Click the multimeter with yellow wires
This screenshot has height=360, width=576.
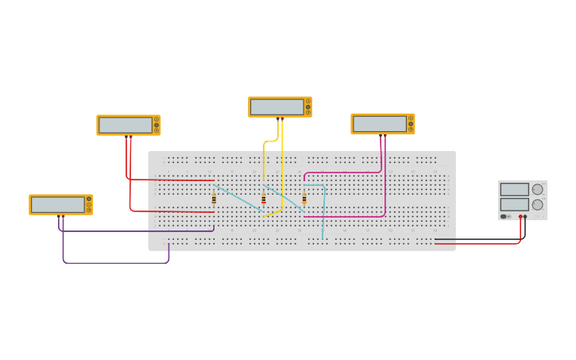coord(280,106)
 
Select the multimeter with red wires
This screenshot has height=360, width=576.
coord(128,125)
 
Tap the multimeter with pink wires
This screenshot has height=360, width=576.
coord(382,124)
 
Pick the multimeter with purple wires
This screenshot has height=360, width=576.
coord(60,204)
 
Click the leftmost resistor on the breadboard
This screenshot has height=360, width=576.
coord(214,198)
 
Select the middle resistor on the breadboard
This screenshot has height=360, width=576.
coord(264,198)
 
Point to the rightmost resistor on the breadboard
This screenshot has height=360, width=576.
coord(303,198)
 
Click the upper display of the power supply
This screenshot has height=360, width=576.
coord(514,189)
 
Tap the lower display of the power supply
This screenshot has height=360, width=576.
coord(514,204)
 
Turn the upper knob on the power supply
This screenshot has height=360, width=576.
coord(538,189)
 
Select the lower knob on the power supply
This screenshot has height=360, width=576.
coord(538,204)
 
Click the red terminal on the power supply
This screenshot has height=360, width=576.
coord(520,216)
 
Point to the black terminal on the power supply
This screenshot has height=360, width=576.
coord(525,216)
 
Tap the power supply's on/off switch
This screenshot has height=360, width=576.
coord(504,216)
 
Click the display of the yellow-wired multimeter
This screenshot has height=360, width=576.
coord(276,106)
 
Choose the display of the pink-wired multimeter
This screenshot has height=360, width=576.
coord(379,124)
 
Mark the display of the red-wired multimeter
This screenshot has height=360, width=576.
coord(125,125)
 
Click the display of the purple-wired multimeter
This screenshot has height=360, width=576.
coord(57,204)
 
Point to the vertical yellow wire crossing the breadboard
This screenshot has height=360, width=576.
coord(281,171)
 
